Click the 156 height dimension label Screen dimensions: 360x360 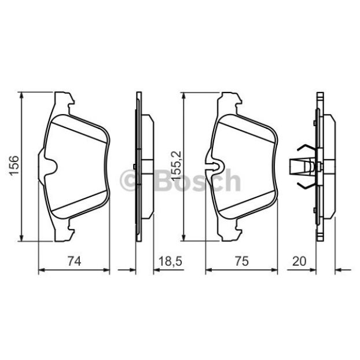[14, 166]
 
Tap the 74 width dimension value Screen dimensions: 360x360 [75, 261]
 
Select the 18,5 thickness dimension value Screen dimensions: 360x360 [170, 261]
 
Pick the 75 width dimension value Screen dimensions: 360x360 [242, 261]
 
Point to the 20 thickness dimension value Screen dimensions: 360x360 [299, 261]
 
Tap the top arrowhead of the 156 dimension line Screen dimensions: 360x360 [21, 95]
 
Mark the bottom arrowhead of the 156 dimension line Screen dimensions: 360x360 [21, 238]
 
